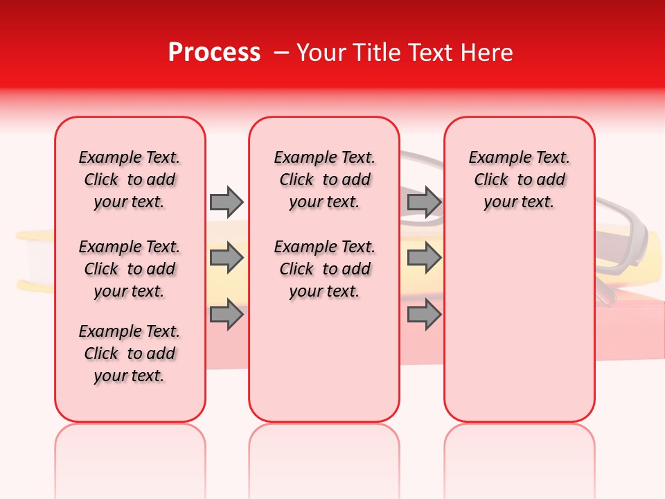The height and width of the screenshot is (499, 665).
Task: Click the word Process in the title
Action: click(x=214, y=52)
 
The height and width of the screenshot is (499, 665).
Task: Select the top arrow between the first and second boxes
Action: click(x=227, y=202)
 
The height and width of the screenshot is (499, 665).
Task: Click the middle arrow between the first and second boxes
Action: click(x=227, y=259)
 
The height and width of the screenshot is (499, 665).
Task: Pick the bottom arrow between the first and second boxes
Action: click(x=227, y=315)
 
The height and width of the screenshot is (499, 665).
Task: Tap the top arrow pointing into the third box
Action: click(x=424, y=202)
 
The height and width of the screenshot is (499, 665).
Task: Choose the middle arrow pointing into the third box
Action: click(x=424, y=259)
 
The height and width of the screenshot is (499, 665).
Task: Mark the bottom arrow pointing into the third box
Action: click(x=424, y=315)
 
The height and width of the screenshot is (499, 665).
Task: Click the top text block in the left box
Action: click(x=130, y=180)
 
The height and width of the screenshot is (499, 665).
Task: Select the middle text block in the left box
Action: click(x=130, y=269)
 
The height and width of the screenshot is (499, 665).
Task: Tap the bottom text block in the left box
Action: click(x=130, y=353)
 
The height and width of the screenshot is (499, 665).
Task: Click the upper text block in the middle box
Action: click(x=324, y=180)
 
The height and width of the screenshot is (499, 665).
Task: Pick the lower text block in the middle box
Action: click(x=324, y=269)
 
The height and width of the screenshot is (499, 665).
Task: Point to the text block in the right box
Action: click(x=519, y=180)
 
